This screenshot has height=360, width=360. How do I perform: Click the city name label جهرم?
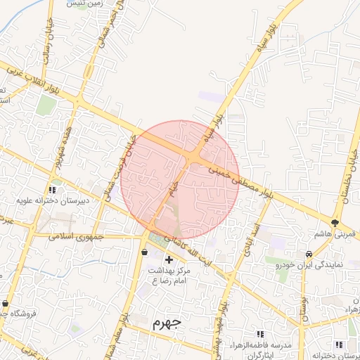(x=167, y=323)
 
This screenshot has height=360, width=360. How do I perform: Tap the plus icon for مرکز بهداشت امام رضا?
(x=168, y=259)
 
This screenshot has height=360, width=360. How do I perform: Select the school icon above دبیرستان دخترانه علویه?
(x=53, y=189)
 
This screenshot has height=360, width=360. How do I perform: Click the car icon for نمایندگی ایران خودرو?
(x=309, y=254)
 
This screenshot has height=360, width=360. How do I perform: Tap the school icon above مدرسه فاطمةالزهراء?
(x=261, y=334)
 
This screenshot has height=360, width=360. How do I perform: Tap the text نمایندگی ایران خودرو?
(x=309, y=265)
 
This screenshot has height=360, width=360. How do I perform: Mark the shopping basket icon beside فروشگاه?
(x=6, y=304)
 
